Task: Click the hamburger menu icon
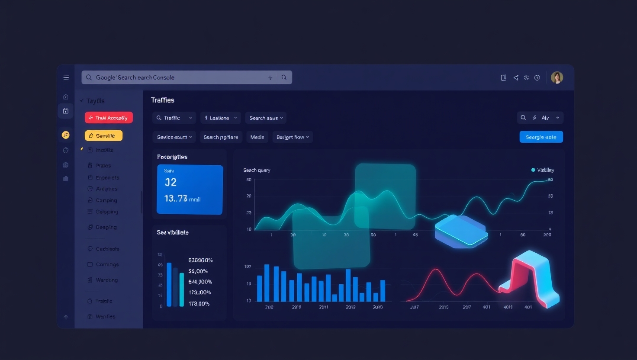[x=66, y=77]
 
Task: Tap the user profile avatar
[x=557, y=77]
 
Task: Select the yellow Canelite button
[x=103, y=136]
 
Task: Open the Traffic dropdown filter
[x=174, y=118]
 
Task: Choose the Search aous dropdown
[x=266, y=118]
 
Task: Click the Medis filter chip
[x=257, y=137]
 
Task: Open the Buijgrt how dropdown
[x=293, y=137]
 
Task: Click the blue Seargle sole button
[x=541, y=137]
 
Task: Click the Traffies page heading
[x=163, y=100]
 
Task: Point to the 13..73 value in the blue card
[x=176, y=199]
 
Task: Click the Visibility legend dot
[x=533, y=170]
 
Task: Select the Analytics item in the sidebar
[x=106, y=189]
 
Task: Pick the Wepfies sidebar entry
[x=105, y=317]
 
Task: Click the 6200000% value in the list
[x=200, y=260]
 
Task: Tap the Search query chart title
[x=257, y=170]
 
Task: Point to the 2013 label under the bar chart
[x=351, y=307]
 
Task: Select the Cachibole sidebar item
[x=107, y=249]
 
